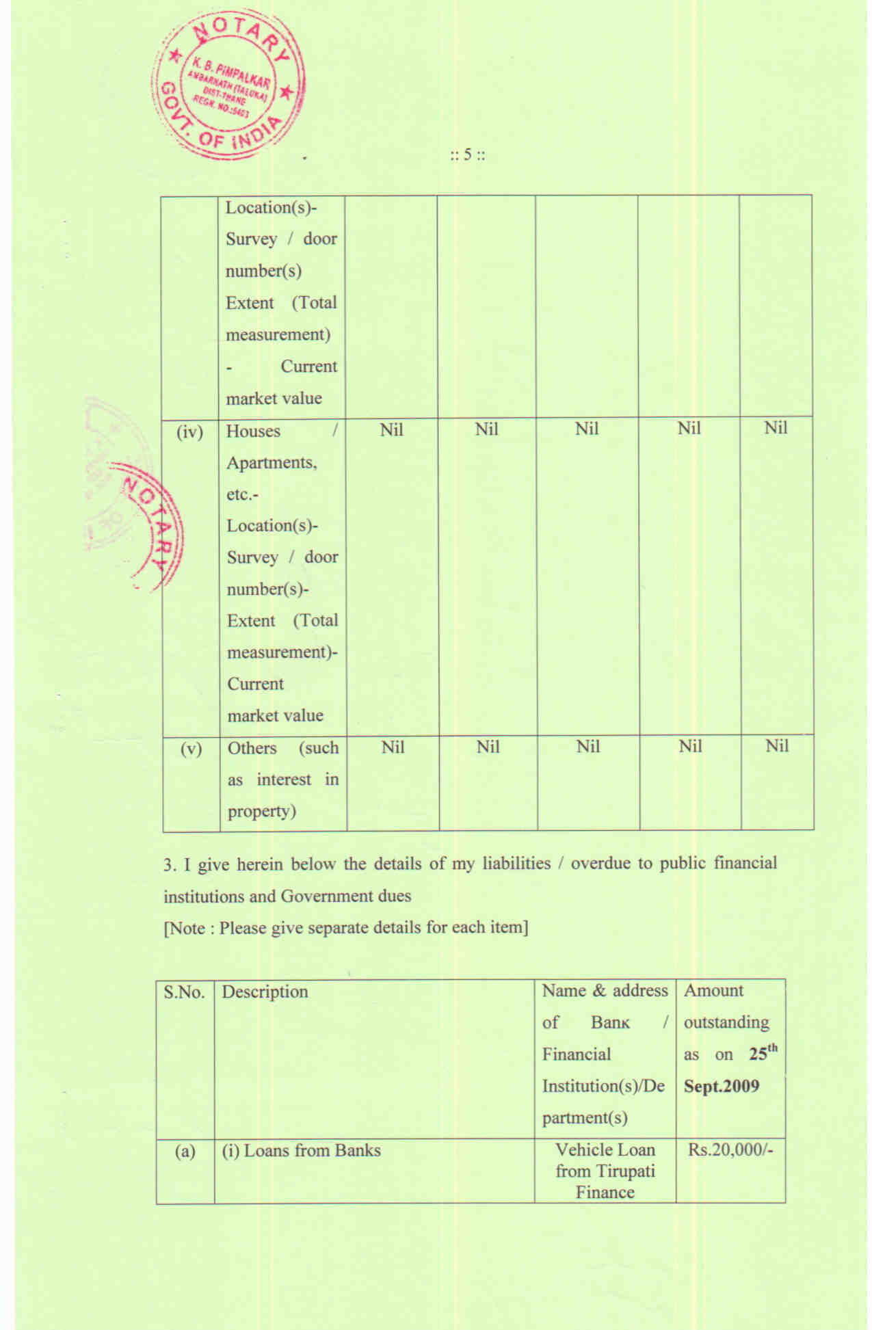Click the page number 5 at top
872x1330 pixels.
[468, 155]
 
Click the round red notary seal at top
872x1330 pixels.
[229, 85]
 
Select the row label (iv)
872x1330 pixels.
[189, 432]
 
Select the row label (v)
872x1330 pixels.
[191, 749]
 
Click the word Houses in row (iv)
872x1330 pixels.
[253, 431]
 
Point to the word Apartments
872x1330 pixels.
[272, 463]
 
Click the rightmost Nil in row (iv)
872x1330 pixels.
[776, 428]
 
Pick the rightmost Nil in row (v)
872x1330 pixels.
[777, 746]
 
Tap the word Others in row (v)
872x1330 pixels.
[252, 748]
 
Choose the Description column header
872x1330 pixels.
[265, 992]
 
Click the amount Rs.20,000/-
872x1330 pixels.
[730, 1149]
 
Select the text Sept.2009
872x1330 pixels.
[722, 1087]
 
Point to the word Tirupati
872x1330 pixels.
[624, 1171]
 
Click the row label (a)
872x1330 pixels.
[185, 1152]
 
